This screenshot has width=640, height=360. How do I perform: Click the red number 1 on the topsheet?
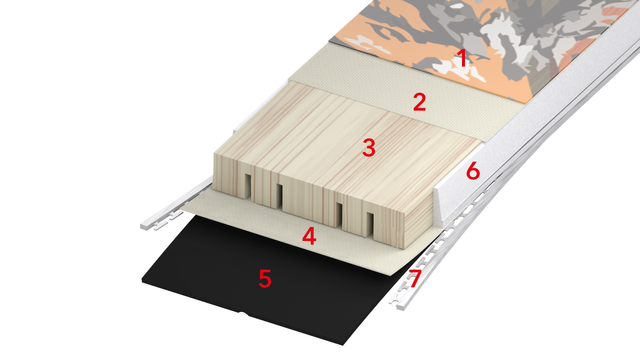tap(462, 58)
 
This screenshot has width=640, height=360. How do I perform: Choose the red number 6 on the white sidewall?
tap(473, 171)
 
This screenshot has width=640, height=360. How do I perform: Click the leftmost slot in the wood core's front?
tap(247, 186)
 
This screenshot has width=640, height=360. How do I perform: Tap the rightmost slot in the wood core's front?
tap(370, 225)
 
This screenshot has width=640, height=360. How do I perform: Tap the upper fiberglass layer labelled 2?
tap(383, 97)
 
